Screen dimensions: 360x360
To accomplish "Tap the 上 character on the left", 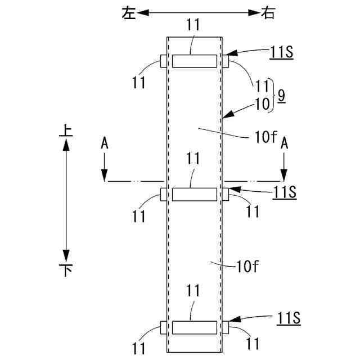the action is tap(66, 131).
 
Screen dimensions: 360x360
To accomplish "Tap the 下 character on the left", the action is tap(66, 271).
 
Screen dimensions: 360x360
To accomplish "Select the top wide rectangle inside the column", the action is tap(194, 61).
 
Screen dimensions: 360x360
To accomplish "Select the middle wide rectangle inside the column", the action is tap(194, 194).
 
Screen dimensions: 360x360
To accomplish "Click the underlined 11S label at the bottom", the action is tap(289, 318).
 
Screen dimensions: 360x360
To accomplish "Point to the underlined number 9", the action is tap(281, 96).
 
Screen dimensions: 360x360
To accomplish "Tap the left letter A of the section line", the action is tap(105, 144).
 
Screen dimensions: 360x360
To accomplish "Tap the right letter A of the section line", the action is tap(285, 144).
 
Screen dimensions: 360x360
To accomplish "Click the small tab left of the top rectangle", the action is tap(164, 61).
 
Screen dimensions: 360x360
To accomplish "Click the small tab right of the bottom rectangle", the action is tap(226, 327).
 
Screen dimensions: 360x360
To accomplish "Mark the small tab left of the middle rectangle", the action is tap(164, 194).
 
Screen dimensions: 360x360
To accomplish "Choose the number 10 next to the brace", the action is tap(262, 103).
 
